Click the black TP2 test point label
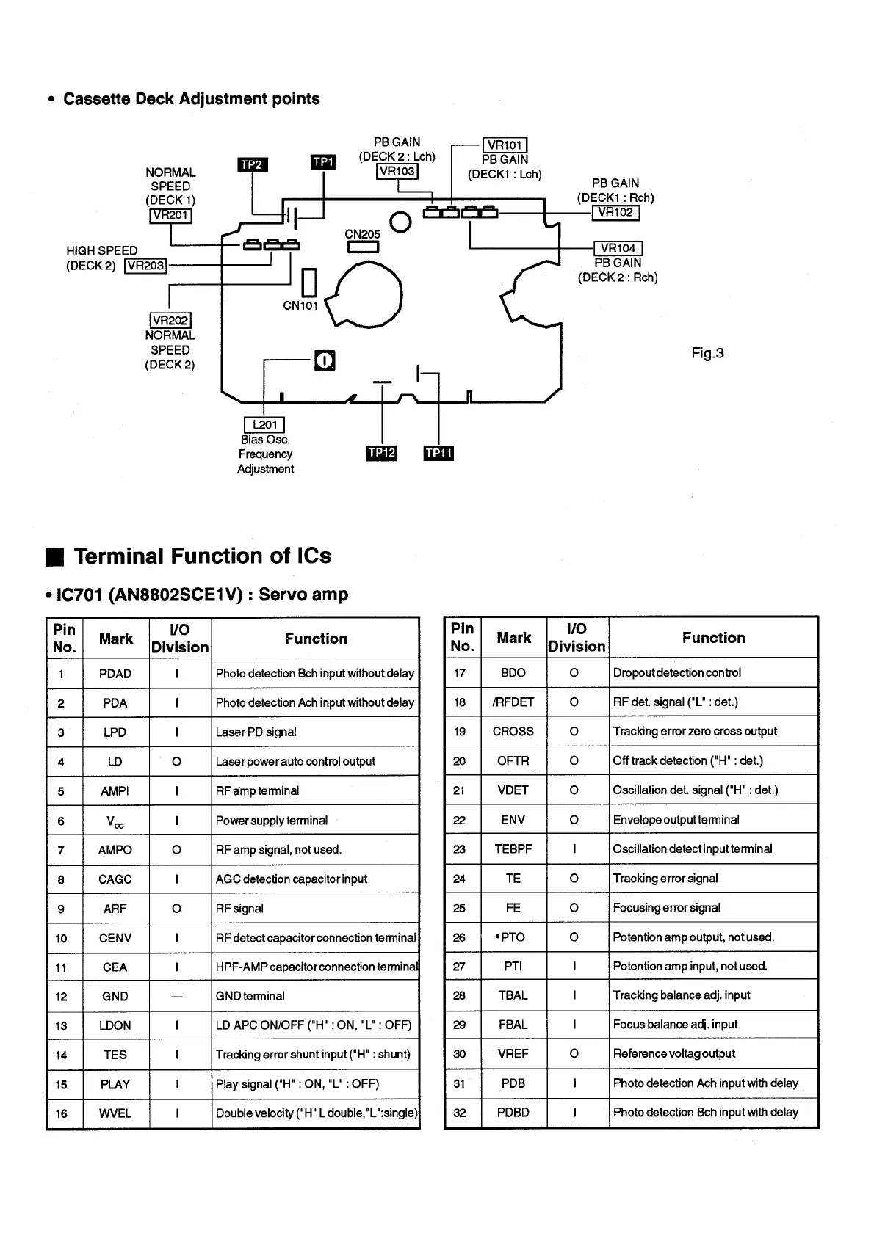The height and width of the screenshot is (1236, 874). point(252,164)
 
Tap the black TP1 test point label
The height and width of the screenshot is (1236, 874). point(323,161)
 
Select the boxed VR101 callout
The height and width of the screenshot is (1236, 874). point(505,145)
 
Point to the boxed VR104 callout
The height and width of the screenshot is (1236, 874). point(618,248)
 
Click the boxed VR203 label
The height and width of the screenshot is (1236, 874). point(145,266)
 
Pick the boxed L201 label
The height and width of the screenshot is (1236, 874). point(264,424)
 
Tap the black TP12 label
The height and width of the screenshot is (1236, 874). point(381,453)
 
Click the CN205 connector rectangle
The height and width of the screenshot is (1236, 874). point(363,247)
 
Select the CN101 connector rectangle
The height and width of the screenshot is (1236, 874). point(308,283)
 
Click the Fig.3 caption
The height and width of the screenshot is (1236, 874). point(707,353)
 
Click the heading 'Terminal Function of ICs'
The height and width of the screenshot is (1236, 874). point(202,556)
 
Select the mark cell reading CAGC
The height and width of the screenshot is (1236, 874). point(115,879)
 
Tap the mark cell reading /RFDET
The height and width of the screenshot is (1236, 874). point(513,702)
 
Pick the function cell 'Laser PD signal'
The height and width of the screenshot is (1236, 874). point(256,732)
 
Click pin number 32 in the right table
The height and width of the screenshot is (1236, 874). point(460,1113)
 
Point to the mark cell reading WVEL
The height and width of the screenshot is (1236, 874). point(115,1113)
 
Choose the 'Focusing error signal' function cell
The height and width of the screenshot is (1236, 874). point(666,908)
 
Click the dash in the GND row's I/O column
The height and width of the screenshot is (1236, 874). point(177,997)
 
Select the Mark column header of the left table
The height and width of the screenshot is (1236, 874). point(116,639)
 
